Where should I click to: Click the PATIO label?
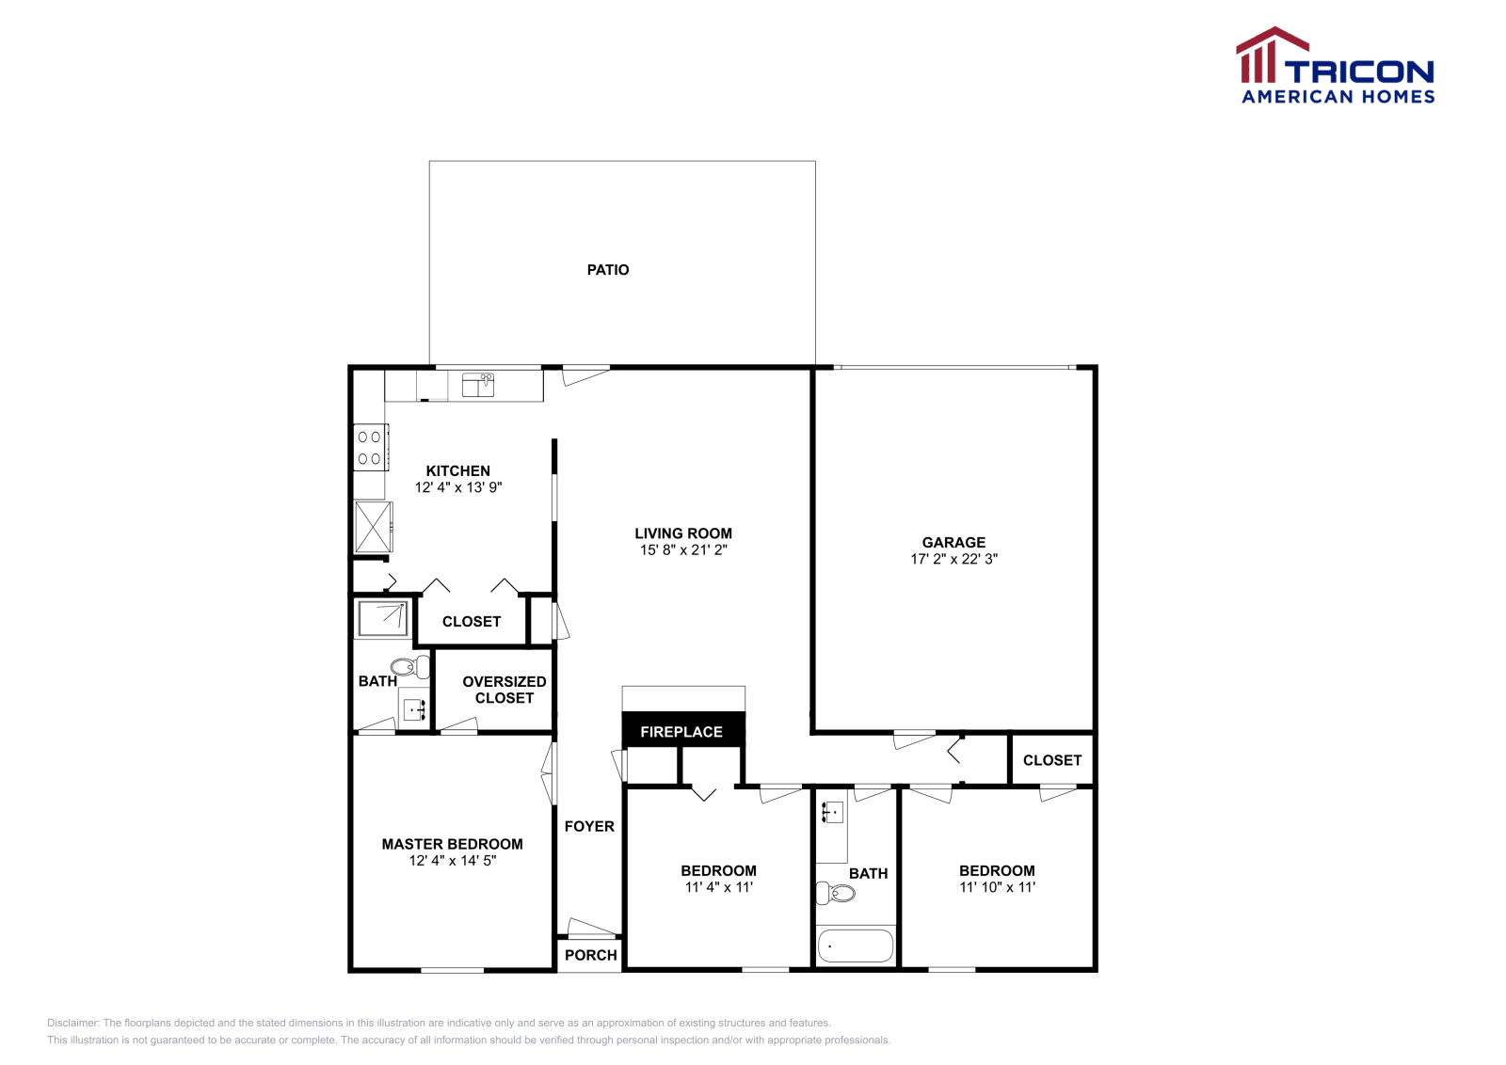point(608,270)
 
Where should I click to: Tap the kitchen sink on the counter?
point(478,384)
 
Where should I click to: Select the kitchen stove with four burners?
point(370,448)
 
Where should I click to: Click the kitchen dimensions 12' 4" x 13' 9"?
point(458,487)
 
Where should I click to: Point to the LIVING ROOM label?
point(683,533)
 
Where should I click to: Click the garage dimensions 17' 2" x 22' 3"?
point(953,559)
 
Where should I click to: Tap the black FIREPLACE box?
point(682,731)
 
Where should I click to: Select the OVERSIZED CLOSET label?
point(505,690)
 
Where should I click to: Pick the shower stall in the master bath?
point(382,618)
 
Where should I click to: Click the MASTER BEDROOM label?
point(452,844)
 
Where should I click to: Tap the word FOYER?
point(589,826)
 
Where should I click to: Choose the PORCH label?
point(591,955)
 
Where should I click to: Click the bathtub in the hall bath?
point(855,946)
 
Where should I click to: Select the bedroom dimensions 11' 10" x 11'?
point(997,887)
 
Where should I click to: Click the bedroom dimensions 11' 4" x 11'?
point(718,887)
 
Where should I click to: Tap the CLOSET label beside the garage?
point(1051,760)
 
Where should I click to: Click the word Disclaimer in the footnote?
point(72,1023)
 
